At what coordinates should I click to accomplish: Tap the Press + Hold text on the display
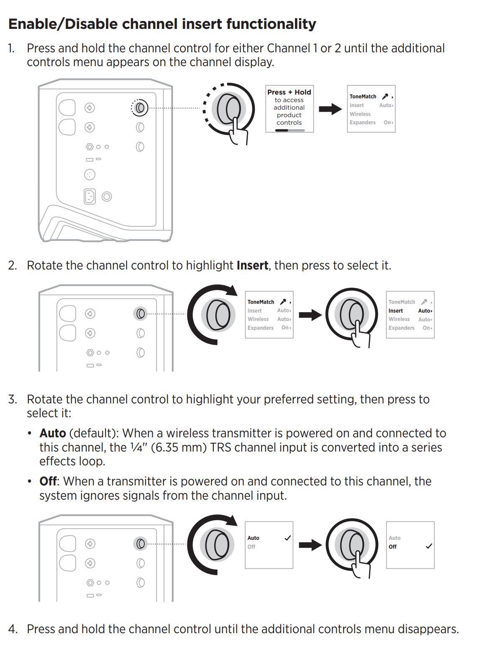click(x=289, y=92)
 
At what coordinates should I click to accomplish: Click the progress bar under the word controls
click(x=290, y=130)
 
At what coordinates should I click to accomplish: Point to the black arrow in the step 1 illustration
click(x=330, y=109)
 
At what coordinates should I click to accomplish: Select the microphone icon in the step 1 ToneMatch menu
click(x=385, y=96)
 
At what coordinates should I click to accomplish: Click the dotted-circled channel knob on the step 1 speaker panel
click(x=140, y=108)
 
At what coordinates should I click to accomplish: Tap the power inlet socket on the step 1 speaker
click(x=90, y=196)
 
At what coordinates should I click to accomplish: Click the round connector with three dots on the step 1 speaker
click(x=90, y=174)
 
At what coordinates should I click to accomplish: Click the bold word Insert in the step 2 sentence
click(x=252, y=265)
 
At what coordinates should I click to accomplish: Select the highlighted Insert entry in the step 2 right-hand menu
click(x=396, y=311)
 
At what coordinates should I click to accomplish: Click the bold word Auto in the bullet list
click(x=53, y=433)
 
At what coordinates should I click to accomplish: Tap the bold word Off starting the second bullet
click(x=48, y=481)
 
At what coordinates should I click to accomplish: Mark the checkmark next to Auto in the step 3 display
click(x=287, y=538)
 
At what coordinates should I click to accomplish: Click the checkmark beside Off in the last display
click(x=429, y=546)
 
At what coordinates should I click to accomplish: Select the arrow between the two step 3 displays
click(x=310, y=544)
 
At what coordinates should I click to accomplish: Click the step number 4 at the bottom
click(x=13, y=629)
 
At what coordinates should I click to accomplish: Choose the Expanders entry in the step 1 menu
click(x=363, y=123)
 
